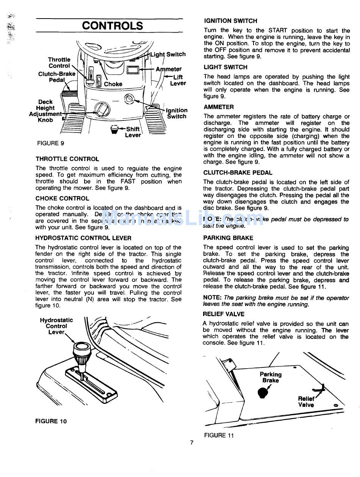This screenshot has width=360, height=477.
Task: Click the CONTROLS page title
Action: [x=113, y=26]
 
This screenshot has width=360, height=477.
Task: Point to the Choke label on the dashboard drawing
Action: [x=113, y=84]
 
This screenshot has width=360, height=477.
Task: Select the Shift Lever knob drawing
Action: [x=114, y=130]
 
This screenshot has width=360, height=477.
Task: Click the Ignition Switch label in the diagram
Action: [x=177, y=113]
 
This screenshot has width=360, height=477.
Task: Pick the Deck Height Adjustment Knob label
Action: [x=45, y=111]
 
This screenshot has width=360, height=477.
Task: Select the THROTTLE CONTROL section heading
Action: [x=67, y=159]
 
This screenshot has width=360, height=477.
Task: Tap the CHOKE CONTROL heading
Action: [x=62, y=198]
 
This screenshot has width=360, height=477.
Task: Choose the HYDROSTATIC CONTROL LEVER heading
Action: [x=83, y=238]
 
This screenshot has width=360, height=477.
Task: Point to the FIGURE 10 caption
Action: [x=51, y=421]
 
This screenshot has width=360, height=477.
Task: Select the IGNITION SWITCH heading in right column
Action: [x=230, y=21]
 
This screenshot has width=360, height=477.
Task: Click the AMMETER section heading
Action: [x=219, y=107]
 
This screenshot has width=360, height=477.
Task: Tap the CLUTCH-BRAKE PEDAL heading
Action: [x=238, y=172]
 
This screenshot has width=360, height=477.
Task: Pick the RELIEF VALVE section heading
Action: [x=224, y=314]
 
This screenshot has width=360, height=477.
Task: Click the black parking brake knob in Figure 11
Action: [x=263, y=393]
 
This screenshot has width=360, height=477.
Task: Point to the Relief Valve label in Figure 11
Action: [x=306, y=402]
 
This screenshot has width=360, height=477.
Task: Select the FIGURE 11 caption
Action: [x=219, y=435]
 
